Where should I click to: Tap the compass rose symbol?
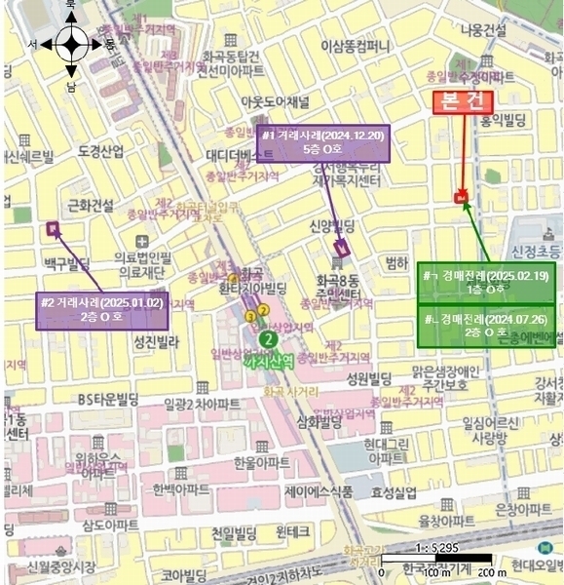tap(71, 44)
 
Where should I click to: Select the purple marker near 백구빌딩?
tap(52, 230)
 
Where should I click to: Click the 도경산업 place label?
tap(100, 151)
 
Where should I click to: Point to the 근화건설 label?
tap(93, 205)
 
